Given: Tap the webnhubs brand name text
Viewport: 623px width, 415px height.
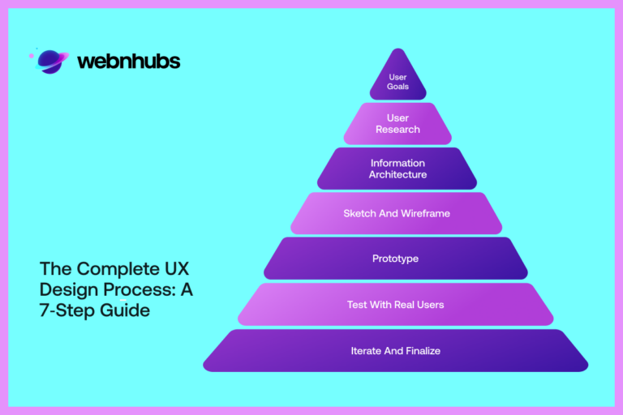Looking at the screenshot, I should click(x=128, y=62).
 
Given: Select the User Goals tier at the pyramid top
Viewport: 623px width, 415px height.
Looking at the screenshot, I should click(x=397, y=82).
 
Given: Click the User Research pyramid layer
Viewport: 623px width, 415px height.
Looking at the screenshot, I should click(x=397, y=124).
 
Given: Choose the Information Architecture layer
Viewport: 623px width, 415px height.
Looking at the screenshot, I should click(x=397, y=169).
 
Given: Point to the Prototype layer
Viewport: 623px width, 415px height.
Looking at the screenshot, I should click(x=396, y=259).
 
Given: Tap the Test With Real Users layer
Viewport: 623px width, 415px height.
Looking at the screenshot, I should click(x=396, y=305).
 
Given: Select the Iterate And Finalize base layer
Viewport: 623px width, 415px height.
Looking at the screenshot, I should click(x=396, y=351).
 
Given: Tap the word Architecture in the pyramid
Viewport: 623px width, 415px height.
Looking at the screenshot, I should click(x=397, y=174).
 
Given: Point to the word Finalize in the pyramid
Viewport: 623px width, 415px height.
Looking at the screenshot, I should click(x=421, y=351).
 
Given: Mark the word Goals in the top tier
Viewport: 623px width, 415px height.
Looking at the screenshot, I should click(x=397, y=86).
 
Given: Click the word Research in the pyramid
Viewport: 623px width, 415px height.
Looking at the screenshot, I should click(x=397, y=130).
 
